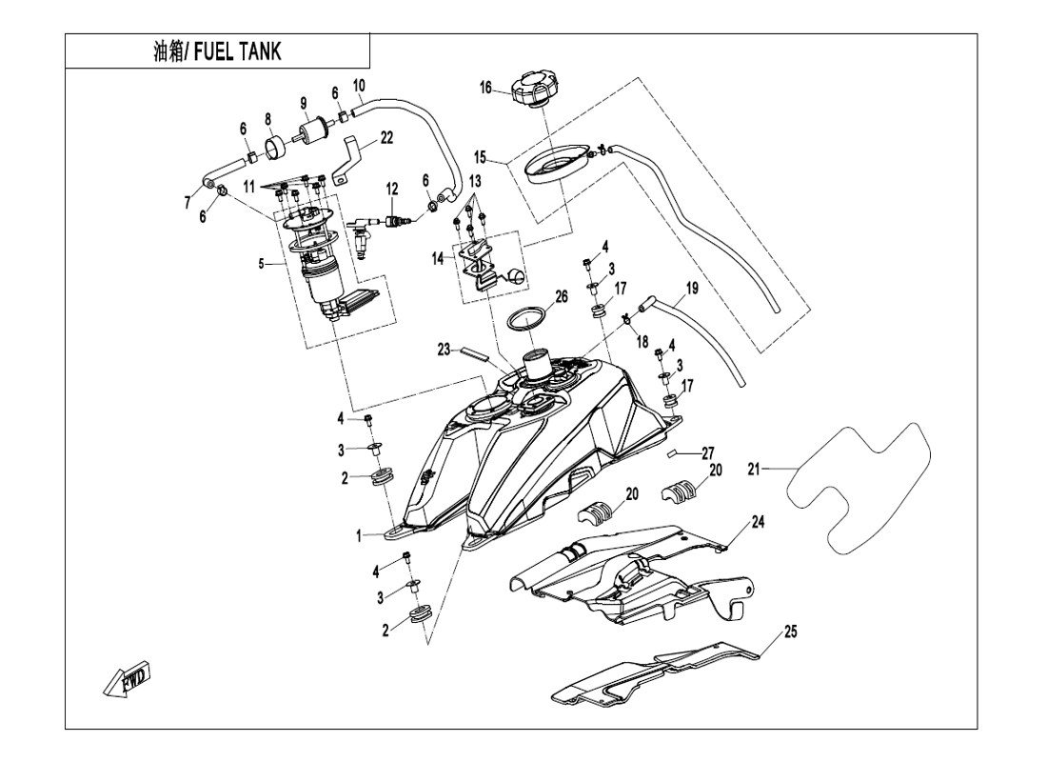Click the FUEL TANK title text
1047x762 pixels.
click(217, 51)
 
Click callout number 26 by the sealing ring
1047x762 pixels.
click(562, 296)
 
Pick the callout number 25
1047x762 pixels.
click(790, 631)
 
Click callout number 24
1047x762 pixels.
click(758, 522)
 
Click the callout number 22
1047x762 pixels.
click(385, 138)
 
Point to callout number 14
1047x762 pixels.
click(438, 257)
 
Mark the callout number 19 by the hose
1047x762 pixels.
click(692, 287)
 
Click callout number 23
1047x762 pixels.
click(444, 350)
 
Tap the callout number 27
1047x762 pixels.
click(707, 453)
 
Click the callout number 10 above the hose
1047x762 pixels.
click(359, 86)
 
